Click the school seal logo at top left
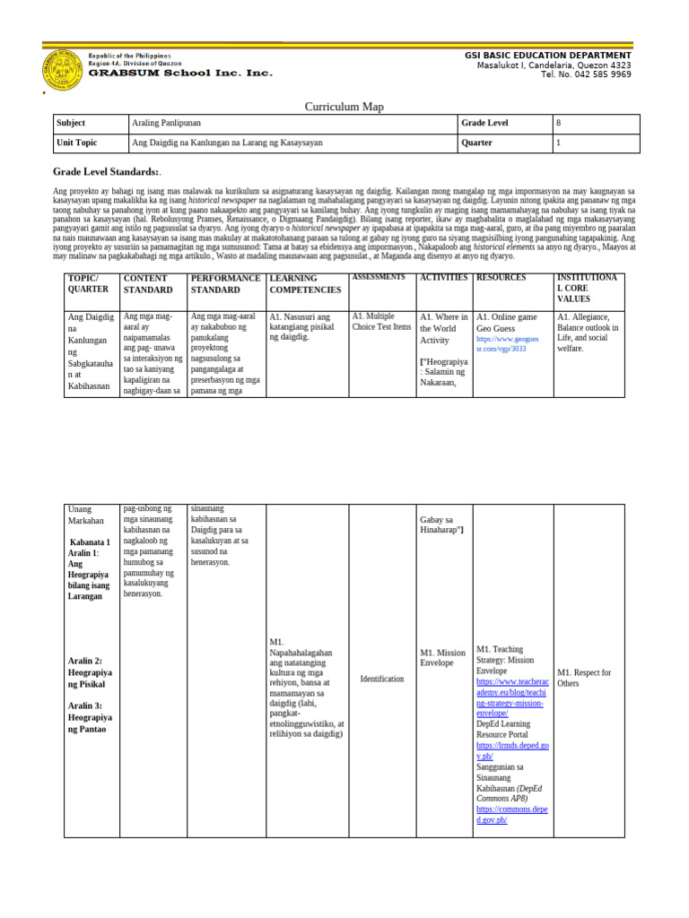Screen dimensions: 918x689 [62, 68]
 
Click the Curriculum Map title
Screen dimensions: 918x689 [344, 107]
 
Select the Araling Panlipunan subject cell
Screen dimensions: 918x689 [164, 124]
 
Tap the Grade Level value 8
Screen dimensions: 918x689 [559, 124]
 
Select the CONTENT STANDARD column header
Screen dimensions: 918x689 [150, 284]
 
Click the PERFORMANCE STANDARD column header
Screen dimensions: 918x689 [225, 284]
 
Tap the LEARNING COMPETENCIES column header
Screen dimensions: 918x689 [305, 284]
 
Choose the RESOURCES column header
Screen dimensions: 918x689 [501, 278]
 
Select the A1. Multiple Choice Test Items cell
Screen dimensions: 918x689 [381, 322]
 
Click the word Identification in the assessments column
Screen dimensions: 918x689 [382, 679]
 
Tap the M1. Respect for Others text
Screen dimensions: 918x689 [585, 678]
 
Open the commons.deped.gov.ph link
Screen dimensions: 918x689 [510, 814]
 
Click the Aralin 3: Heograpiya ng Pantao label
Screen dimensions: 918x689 [90, 717]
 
